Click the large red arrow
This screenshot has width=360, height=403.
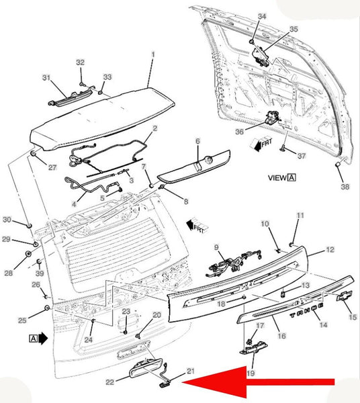[x=258, y=382]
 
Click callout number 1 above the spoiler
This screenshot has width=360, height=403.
[x=153, y=54]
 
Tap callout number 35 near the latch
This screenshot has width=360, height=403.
[x=294, y=29]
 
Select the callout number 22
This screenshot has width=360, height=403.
[x=109, y=382]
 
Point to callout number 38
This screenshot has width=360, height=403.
[x=345, y=187]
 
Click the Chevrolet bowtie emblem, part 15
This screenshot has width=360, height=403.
[x=345, y=296]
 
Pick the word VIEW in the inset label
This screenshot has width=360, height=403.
[x=277, y=177]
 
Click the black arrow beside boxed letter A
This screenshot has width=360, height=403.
[x=43, y=339]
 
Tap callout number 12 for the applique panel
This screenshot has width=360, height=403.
[x=330, y=250]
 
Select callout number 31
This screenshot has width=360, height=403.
[x=46, y=77]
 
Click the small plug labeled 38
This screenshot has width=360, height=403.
[x=338, y=164]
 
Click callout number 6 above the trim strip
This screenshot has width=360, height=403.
[x=197, y=141]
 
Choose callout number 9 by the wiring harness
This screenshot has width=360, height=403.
[x=216, y=247]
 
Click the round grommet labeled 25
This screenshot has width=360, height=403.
[x=47, y=308]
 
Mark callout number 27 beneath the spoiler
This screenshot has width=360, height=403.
[x=52, y=167]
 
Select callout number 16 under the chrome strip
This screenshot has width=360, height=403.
[x=281, y=336]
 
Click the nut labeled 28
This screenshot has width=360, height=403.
[x=28, y=254]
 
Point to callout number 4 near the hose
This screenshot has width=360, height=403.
[x=74, y=204]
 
